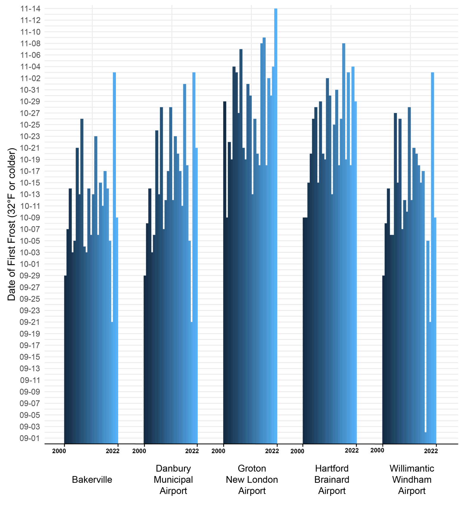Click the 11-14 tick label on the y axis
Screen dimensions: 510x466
click(30, 9)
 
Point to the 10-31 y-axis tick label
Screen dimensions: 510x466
click(30, 90)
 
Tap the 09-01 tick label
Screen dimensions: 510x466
click(30, 438)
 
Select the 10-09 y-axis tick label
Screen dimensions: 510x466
click(30, 218)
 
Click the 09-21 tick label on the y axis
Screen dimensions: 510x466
click(30, 322)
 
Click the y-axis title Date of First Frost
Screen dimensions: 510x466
click(12, 225)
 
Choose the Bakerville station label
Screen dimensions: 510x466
click(92, 479)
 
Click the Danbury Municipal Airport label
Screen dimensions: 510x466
click(173, 479)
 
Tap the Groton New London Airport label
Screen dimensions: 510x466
click(252, 479)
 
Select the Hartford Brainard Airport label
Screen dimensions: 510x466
click(332, 479)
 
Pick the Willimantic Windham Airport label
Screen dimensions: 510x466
click(412, 479)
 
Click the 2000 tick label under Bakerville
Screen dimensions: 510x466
click(59, 451)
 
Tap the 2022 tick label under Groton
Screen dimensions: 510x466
click(272, 451)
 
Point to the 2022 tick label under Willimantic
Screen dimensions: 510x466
click(431, 451)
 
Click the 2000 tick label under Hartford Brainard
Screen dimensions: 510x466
click(297, 451)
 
